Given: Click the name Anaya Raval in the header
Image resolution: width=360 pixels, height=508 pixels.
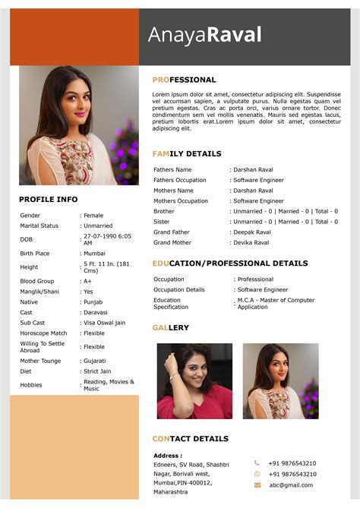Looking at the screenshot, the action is pos(204,35).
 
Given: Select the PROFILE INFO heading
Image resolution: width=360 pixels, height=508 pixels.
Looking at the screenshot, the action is pos(48,200).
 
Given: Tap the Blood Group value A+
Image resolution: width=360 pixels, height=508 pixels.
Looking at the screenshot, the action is pos(87,281).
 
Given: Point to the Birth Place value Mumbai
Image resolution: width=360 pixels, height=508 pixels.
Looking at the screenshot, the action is pos(95,254).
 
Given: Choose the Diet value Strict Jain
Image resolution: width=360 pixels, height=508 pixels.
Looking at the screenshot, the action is pos(98,371).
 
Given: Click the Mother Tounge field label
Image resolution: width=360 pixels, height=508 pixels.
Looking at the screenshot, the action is pos(40,361).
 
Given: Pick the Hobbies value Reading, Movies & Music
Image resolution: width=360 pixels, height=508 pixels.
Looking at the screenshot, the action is pos(109,385).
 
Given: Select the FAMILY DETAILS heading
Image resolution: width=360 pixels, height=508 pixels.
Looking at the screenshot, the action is pos(187,153).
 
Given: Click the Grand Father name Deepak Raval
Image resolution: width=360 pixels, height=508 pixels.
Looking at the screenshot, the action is pos(252,232).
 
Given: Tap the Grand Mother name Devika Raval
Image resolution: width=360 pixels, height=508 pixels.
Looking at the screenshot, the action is pos(251,242).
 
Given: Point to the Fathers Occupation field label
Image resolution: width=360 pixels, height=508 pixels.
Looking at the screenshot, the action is pos(179,180).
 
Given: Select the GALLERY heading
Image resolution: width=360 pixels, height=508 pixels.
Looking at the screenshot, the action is pos(170,327).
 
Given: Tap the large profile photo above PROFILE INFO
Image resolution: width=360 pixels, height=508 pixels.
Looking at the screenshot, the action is pos(78,125).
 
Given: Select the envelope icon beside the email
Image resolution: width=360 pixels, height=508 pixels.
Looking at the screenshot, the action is pos(257,484).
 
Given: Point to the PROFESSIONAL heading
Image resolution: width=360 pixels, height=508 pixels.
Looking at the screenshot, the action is pos(184,80).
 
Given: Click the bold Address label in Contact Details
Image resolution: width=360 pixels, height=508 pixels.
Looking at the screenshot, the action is pos(168,456).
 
